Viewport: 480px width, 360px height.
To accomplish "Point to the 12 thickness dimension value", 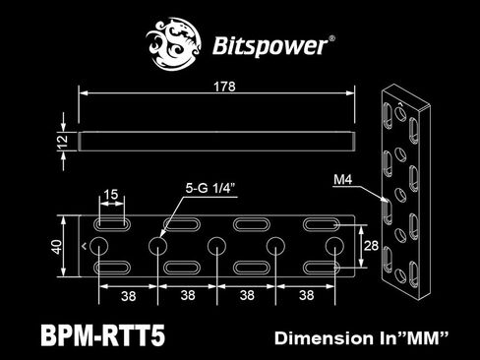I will click(x=63, y=142).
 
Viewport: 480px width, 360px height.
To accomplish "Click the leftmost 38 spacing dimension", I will click(x=129, y=294).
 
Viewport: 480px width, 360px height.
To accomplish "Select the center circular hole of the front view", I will click(x=217, y=245).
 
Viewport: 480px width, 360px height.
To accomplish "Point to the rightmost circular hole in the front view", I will click(x=334, y=245).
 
